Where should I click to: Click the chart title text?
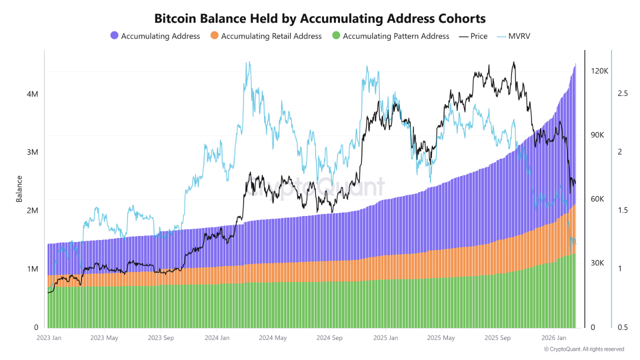(320, 18)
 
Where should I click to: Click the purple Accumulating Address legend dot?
(114, 36)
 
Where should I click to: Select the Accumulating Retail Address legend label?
(271, 36)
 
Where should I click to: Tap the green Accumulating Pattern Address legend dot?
(336, 36)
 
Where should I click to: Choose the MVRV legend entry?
(517, 36)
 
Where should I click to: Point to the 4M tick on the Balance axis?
(32, 94)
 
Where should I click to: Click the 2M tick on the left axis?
(32, 210)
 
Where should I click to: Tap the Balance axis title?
(19, 188)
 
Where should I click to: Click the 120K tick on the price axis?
(599, 71)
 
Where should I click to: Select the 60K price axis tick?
(598, 199)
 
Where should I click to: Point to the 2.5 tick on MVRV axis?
(622, 93)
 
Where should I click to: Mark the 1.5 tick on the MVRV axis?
(622, 210)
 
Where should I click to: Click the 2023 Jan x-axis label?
(49, 338)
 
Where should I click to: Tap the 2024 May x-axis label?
(273, 338)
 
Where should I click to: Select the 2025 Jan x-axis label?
(385, 338)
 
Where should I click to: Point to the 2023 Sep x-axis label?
(160, 338)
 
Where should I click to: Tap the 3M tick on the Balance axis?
(32, 152)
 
